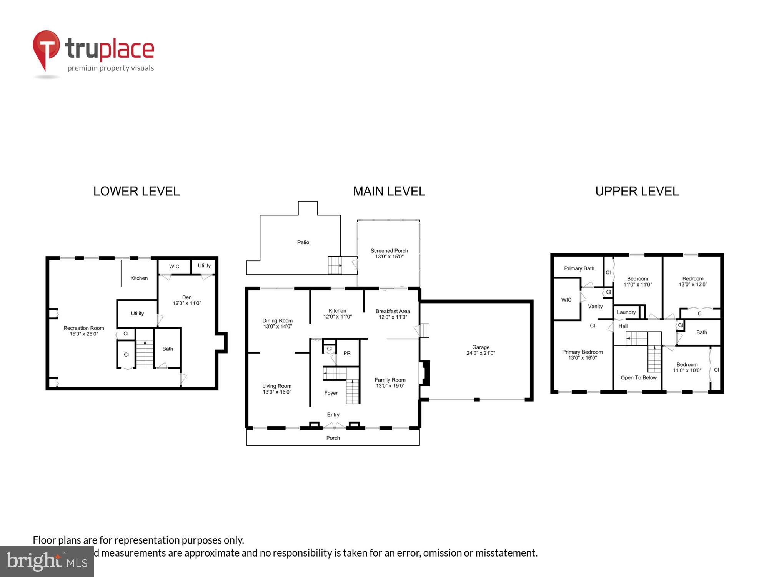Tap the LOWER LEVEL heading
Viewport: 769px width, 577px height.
tap(136, 191)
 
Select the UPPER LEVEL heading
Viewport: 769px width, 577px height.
tap(637, 191)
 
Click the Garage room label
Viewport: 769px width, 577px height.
tap(481, 347)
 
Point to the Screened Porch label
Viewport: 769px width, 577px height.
tap(389, 251)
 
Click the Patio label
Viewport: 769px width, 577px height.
tap(303, 242)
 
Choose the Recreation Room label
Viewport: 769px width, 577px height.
tap(84, 328)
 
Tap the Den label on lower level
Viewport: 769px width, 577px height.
tap(187, 297)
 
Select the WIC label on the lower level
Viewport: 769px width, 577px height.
tap(174, 267)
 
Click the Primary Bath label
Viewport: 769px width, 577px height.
tap(579, 268)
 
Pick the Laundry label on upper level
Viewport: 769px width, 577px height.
tap(626, 312)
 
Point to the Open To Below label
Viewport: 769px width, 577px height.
tap(639, 378)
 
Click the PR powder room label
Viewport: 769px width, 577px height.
tap(347, 353)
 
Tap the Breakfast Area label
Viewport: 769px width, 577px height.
tap(393, 311)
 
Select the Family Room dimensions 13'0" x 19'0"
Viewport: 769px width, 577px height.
tap(390, 386)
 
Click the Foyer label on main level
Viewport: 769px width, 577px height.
tap(331, 393)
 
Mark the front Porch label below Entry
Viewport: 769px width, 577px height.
tap(333, 438)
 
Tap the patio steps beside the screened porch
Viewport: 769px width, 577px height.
tap(335, 265)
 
